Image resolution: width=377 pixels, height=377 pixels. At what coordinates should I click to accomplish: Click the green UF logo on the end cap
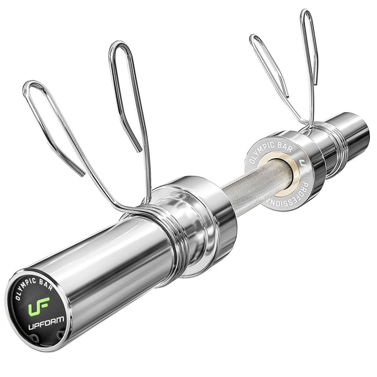pyautogui.click(x=38, y=306)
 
